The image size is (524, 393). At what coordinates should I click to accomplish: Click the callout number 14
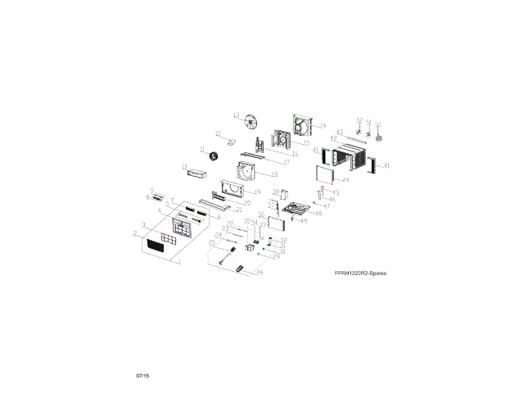323,125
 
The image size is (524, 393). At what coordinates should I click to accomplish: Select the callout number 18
275,174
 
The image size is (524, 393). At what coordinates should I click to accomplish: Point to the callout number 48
318,213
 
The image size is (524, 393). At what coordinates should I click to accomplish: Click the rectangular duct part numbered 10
196,170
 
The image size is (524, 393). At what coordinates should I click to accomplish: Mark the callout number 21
239,210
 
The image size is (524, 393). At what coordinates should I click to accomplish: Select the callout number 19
257,192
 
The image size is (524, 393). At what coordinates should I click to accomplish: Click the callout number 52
359,120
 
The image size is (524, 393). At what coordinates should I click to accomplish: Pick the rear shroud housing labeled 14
302,128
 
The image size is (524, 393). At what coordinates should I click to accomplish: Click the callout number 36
260,215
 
